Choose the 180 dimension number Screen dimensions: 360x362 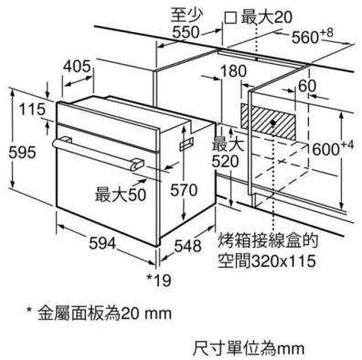click(234, 72)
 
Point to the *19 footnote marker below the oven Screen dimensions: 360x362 click(160, 276)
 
